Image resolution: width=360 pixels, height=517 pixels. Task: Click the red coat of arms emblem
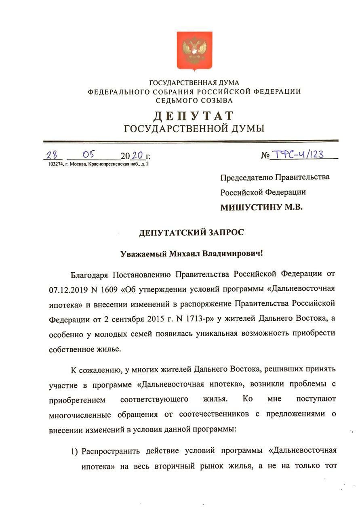[195, 50]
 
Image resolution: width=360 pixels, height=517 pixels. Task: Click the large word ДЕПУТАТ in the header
[194, 116]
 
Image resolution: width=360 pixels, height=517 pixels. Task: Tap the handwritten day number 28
[52, 155]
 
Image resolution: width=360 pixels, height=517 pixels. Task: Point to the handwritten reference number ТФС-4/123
[298, 154]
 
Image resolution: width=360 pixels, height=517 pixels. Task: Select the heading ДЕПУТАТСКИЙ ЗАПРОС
[192, 233]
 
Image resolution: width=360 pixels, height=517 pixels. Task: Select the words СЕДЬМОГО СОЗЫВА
[194, 100]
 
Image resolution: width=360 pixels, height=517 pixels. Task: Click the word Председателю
[246, 177]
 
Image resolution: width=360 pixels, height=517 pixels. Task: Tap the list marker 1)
[75, 450]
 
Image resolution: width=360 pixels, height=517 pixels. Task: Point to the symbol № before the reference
[265, 156]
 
